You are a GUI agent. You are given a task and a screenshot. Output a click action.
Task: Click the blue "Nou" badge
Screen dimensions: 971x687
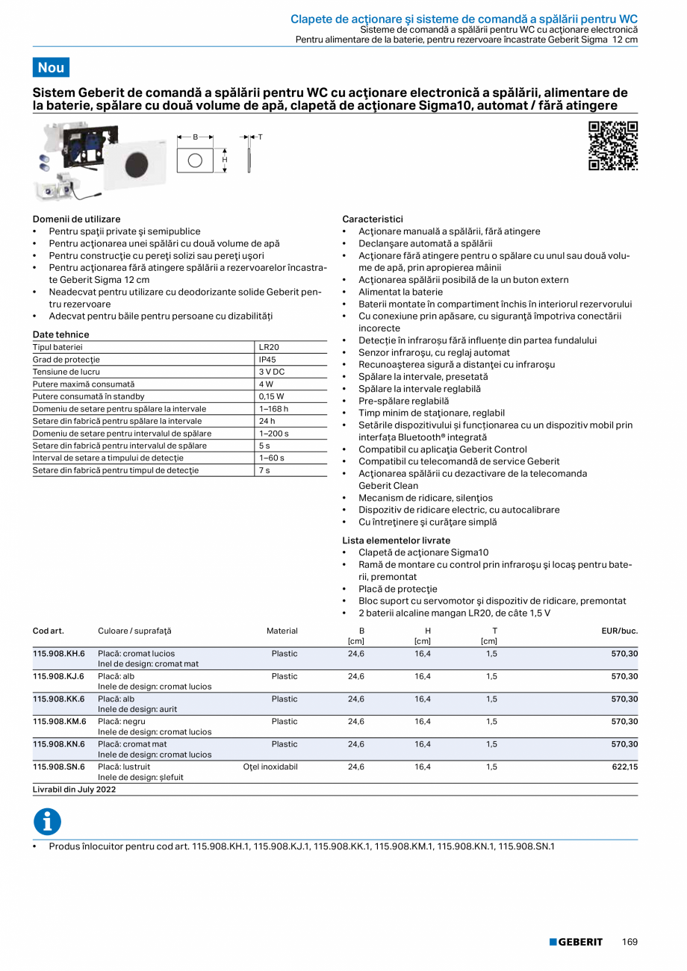click(x=51, y=67)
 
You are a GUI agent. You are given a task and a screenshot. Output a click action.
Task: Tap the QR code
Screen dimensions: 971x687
click(x=613, y=146)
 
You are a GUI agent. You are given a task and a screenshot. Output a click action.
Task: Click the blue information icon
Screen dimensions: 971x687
click(x=47, y=821)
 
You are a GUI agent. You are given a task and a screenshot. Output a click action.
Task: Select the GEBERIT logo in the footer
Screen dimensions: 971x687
click(x=576, y=942)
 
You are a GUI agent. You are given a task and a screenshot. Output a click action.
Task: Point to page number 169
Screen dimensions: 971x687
click(x=630, y=942)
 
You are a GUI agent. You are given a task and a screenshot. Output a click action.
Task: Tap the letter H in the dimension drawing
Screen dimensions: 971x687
click(x=224, y=160)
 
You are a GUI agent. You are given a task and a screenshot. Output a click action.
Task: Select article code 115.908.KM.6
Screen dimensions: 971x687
click(x=59, y=722)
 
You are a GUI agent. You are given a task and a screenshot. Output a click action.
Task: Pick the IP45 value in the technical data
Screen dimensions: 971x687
click(x=267, y=360)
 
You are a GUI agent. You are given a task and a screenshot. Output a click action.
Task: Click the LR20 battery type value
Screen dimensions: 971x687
click(x=269, y=348)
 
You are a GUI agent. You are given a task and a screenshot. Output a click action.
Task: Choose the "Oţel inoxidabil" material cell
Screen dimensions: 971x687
click(x=270, y=767)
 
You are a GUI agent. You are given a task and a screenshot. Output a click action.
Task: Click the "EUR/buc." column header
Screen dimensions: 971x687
click(x=619, y=631)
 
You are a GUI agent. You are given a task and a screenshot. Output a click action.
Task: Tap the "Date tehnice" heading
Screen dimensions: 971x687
click(x=60, y=334)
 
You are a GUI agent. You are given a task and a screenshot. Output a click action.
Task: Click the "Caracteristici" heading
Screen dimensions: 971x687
click(x=372, y=219)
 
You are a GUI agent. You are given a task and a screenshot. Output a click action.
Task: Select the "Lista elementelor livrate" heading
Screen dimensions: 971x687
click(x=396, y=540)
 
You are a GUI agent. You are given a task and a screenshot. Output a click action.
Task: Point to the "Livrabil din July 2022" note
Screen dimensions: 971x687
click(x=74, y=789)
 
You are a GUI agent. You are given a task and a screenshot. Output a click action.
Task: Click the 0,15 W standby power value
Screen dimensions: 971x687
click(x=271, y=396)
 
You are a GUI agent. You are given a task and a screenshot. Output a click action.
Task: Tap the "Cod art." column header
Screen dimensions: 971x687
click(x=48, y=631)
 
